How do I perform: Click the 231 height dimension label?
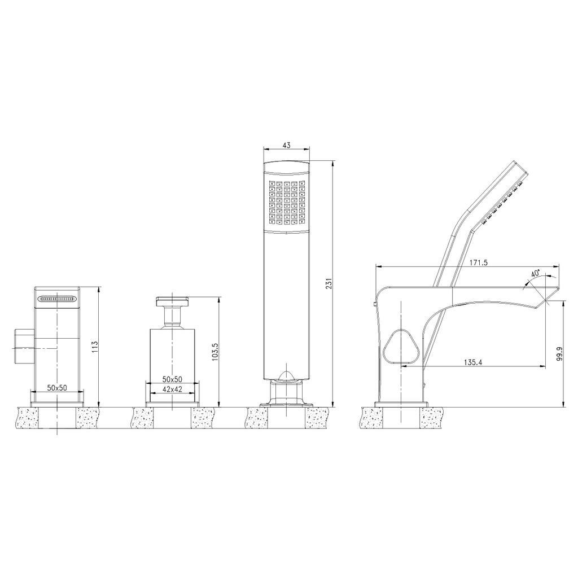tap(330, 283)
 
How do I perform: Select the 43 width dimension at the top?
tap(286, 145)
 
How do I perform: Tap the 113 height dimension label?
tap(95, 348)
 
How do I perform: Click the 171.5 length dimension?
tap(479, 262)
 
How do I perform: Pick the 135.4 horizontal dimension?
tap(473, 362)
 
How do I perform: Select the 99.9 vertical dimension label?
tap(560, 353)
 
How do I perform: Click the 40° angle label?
tap(535, 274)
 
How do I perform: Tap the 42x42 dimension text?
tap(173, 389)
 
